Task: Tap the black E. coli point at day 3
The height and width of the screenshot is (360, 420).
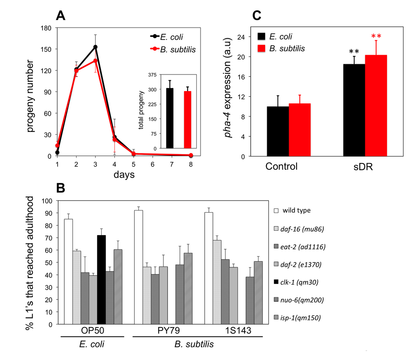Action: pos(96,47)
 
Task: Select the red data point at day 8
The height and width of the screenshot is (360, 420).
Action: pos(191,155)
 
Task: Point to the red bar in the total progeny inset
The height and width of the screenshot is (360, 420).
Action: pos(187,119)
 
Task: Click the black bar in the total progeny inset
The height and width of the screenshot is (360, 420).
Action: pos(170,118)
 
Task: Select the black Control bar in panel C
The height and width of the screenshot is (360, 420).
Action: pos(278,131)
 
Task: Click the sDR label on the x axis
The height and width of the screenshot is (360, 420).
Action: pos(364,167)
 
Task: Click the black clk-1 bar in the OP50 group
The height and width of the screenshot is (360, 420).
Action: pos(101,279)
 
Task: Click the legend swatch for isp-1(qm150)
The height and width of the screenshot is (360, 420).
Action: pos(278,318)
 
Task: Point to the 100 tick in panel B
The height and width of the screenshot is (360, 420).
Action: pos(49,201)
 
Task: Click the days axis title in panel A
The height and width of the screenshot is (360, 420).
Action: pos(124,175)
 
